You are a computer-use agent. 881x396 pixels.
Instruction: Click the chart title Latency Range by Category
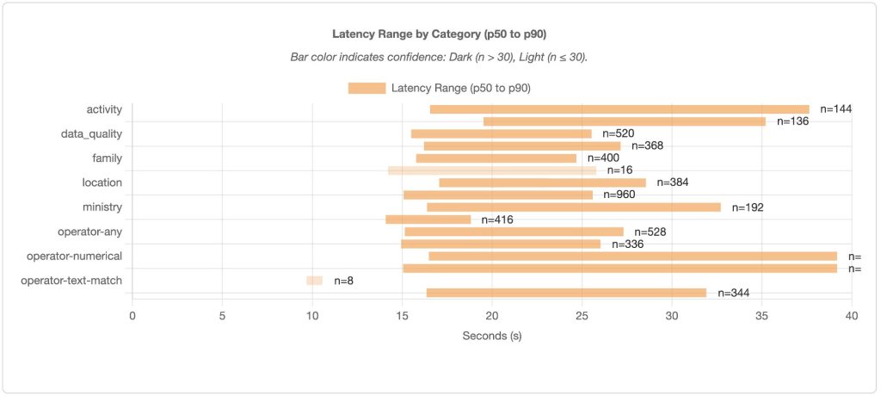[440, 34]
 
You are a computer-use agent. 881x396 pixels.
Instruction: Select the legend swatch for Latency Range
[367, 88]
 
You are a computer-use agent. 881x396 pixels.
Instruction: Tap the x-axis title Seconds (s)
[491, 335]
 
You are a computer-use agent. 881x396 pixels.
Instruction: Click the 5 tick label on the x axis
[222, 315]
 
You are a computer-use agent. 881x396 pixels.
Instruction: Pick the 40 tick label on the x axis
[851, 315]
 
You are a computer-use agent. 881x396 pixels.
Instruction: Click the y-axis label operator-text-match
[71, 281]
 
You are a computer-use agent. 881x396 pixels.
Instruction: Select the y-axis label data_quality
[91, 133]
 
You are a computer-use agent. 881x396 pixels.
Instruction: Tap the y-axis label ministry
[102, 207]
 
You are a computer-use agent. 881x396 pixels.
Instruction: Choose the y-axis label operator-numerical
[74, 256]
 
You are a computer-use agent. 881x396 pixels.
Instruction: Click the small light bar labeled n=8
[314, 281]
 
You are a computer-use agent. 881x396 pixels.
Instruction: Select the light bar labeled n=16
[491, 170]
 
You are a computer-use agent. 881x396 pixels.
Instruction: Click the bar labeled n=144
[619, 109]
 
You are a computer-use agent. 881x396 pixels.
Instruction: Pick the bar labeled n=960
[498, 195]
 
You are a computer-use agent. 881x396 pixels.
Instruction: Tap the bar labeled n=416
[428, 220]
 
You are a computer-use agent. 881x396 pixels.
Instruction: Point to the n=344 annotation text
[733, 293]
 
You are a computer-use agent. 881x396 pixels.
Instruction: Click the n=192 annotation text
[748, 207]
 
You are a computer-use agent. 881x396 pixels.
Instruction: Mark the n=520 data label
[619, 133]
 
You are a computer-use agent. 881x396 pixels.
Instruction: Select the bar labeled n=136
[625, 121]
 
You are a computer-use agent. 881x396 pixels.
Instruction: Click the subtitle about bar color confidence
[440, 58]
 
